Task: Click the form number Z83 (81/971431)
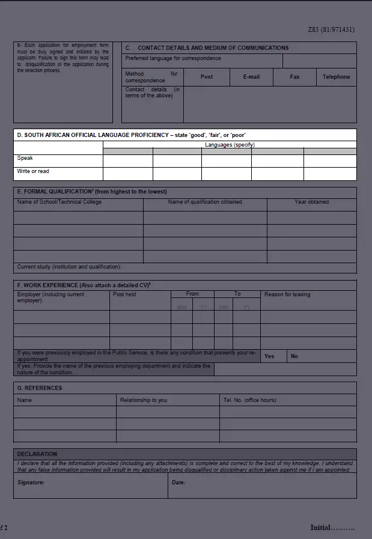[331, 29]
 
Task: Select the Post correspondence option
[207, 77]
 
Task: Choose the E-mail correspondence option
[251, 77]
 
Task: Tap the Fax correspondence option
[294, 77]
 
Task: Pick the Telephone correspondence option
[336, 77]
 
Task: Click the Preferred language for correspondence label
[173, 59]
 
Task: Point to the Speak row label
[25, 159]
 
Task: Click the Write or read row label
[33, 172]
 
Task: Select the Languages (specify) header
[230, 145]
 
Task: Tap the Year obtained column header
[311, 202]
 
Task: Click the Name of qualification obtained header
[205, 202]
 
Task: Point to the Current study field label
[69, 267]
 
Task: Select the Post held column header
[124, 294]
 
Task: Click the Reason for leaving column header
[287, 294]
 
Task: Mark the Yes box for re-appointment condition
[269, 356]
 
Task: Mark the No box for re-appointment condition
[294, 356]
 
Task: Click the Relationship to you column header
[144, 400]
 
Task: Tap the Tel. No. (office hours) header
[249, 400]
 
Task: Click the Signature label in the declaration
[31, 483]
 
